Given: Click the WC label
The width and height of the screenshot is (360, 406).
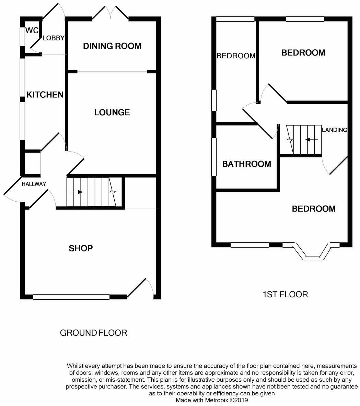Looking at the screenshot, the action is pyautogui.click(x=32, y=31).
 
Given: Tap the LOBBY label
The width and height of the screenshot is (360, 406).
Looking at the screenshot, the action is pyautogui.click(x=54, y=38).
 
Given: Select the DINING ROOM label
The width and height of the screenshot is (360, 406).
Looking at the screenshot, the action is pyautogui.click(x=112, y=46).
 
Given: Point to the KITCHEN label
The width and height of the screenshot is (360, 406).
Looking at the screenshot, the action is pyautogui.click(x=45, y=95).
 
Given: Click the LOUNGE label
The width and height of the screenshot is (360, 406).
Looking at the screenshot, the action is pyautogui.click(x=112, y=112).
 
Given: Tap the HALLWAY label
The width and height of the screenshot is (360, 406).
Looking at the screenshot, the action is pyautogui.click(x=34, y=184).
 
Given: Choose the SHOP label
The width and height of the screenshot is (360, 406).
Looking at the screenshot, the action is pyautogui.click(x=81, y=248).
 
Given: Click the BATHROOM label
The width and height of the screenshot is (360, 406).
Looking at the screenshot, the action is pyautogui.click(x=247, y=164).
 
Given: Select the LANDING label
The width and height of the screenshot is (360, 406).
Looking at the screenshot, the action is pyautogui.click(x=335, y=130).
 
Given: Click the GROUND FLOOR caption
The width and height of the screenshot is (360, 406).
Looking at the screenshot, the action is pyautogui.click(x=94, y=333).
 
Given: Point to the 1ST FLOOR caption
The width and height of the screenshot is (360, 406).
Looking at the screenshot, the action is pyautogui.click(x=285, y=295).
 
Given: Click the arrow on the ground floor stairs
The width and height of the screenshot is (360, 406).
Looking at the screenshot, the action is pyautogui.click(x=77, y=192).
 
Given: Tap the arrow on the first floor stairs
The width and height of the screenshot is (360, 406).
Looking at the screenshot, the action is pyautogui.click(x=312, y=140).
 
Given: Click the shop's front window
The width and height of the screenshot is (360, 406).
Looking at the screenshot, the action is pyautogui.click(x=71, y=297).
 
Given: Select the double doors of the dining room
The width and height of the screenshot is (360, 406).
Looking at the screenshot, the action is pyautogui.click(x=111, y=13).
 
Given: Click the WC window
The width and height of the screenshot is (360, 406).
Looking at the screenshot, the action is pyautogui.click(x=23, y=37).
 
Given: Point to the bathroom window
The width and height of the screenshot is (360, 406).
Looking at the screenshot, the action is pyautogui.click(x=214, y=157).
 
